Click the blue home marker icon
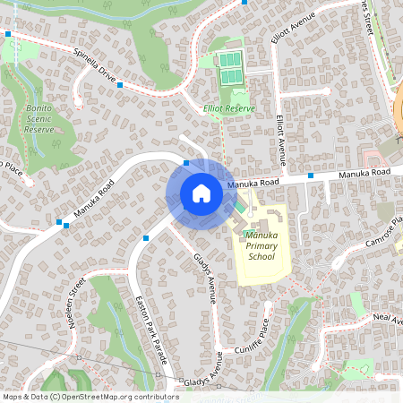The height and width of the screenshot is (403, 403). click(x=201, y=193)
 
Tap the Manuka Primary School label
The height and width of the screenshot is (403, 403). click(x=261, y=245)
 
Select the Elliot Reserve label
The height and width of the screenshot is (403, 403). click(x=229, y=108)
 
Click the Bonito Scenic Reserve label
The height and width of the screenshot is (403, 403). click(x=38, y=118)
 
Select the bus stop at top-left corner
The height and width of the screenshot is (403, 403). click(x=8, y=34)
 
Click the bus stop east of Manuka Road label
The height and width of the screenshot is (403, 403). click(x=310, y=176)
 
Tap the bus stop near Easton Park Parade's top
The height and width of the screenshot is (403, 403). click(x=145, y=238)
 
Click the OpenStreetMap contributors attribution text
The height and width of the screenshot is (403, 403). click(x=90, y=396)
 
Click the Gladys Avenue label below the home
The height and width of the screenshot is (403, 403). click(x=206, y=278)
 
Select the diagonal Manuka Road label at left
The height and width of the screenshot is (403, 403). click(x=95, y=201)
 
